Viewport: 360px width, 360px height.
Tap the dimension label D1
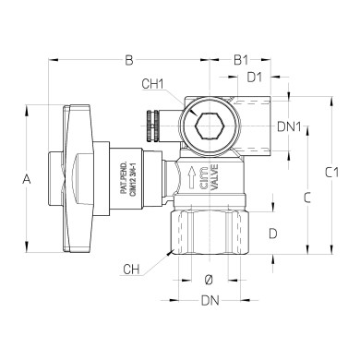tap(254, 78)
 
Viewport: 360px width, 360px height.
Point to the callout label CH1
tap(153, 84)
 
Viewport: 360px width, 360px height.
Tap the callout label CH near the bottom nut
tap(133, 269)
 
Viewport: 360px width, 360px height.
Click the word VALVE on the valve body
tap(215, 176)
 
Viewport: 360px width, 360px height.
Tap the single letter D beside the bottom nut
tap(272, 234)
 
